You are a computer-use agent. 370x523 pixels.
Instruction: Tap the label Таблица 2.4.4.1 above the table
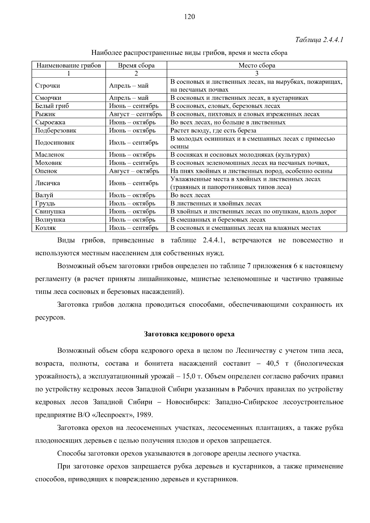tap(319, 40)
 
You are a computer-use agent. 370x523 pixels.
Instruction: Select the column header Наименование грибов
tap(69, 65)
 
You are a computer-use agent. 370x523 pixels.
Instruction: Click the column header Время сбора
tap(136, 65)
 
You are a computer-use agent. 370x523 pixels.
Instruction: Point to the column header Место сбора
tap(257, 65)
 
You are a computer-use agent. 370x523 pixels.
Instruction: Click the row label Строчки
tap(47, 86)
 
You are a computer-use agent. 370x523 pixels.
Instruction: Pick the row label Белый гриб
tap(52, 106)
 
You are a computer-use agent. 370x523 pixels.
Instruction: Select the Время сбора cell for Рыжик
tap(135, 114)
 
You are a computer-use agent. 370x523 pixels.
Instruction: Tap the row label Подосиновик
tap(55, 143)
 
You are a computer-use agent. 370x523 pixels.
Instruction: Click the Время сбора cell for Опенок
tap(134, 171)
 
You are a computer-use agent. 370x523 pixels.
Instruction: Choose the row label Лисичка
tap(47, 183)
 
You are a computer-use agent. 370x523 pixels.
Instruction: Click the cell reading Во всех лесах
tap(190, 195)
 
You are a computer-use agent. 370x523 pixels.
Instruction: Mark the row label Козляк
tap(45, 228)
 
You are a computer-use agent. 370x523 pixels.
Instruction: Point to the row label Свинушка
tap(50, 212)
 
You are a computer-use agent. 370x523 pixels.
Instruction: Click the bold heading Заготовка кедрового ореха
tap(189, 334)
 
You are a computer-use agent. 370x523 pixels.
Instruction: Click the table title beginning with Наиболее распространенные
tap(189, 53)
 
